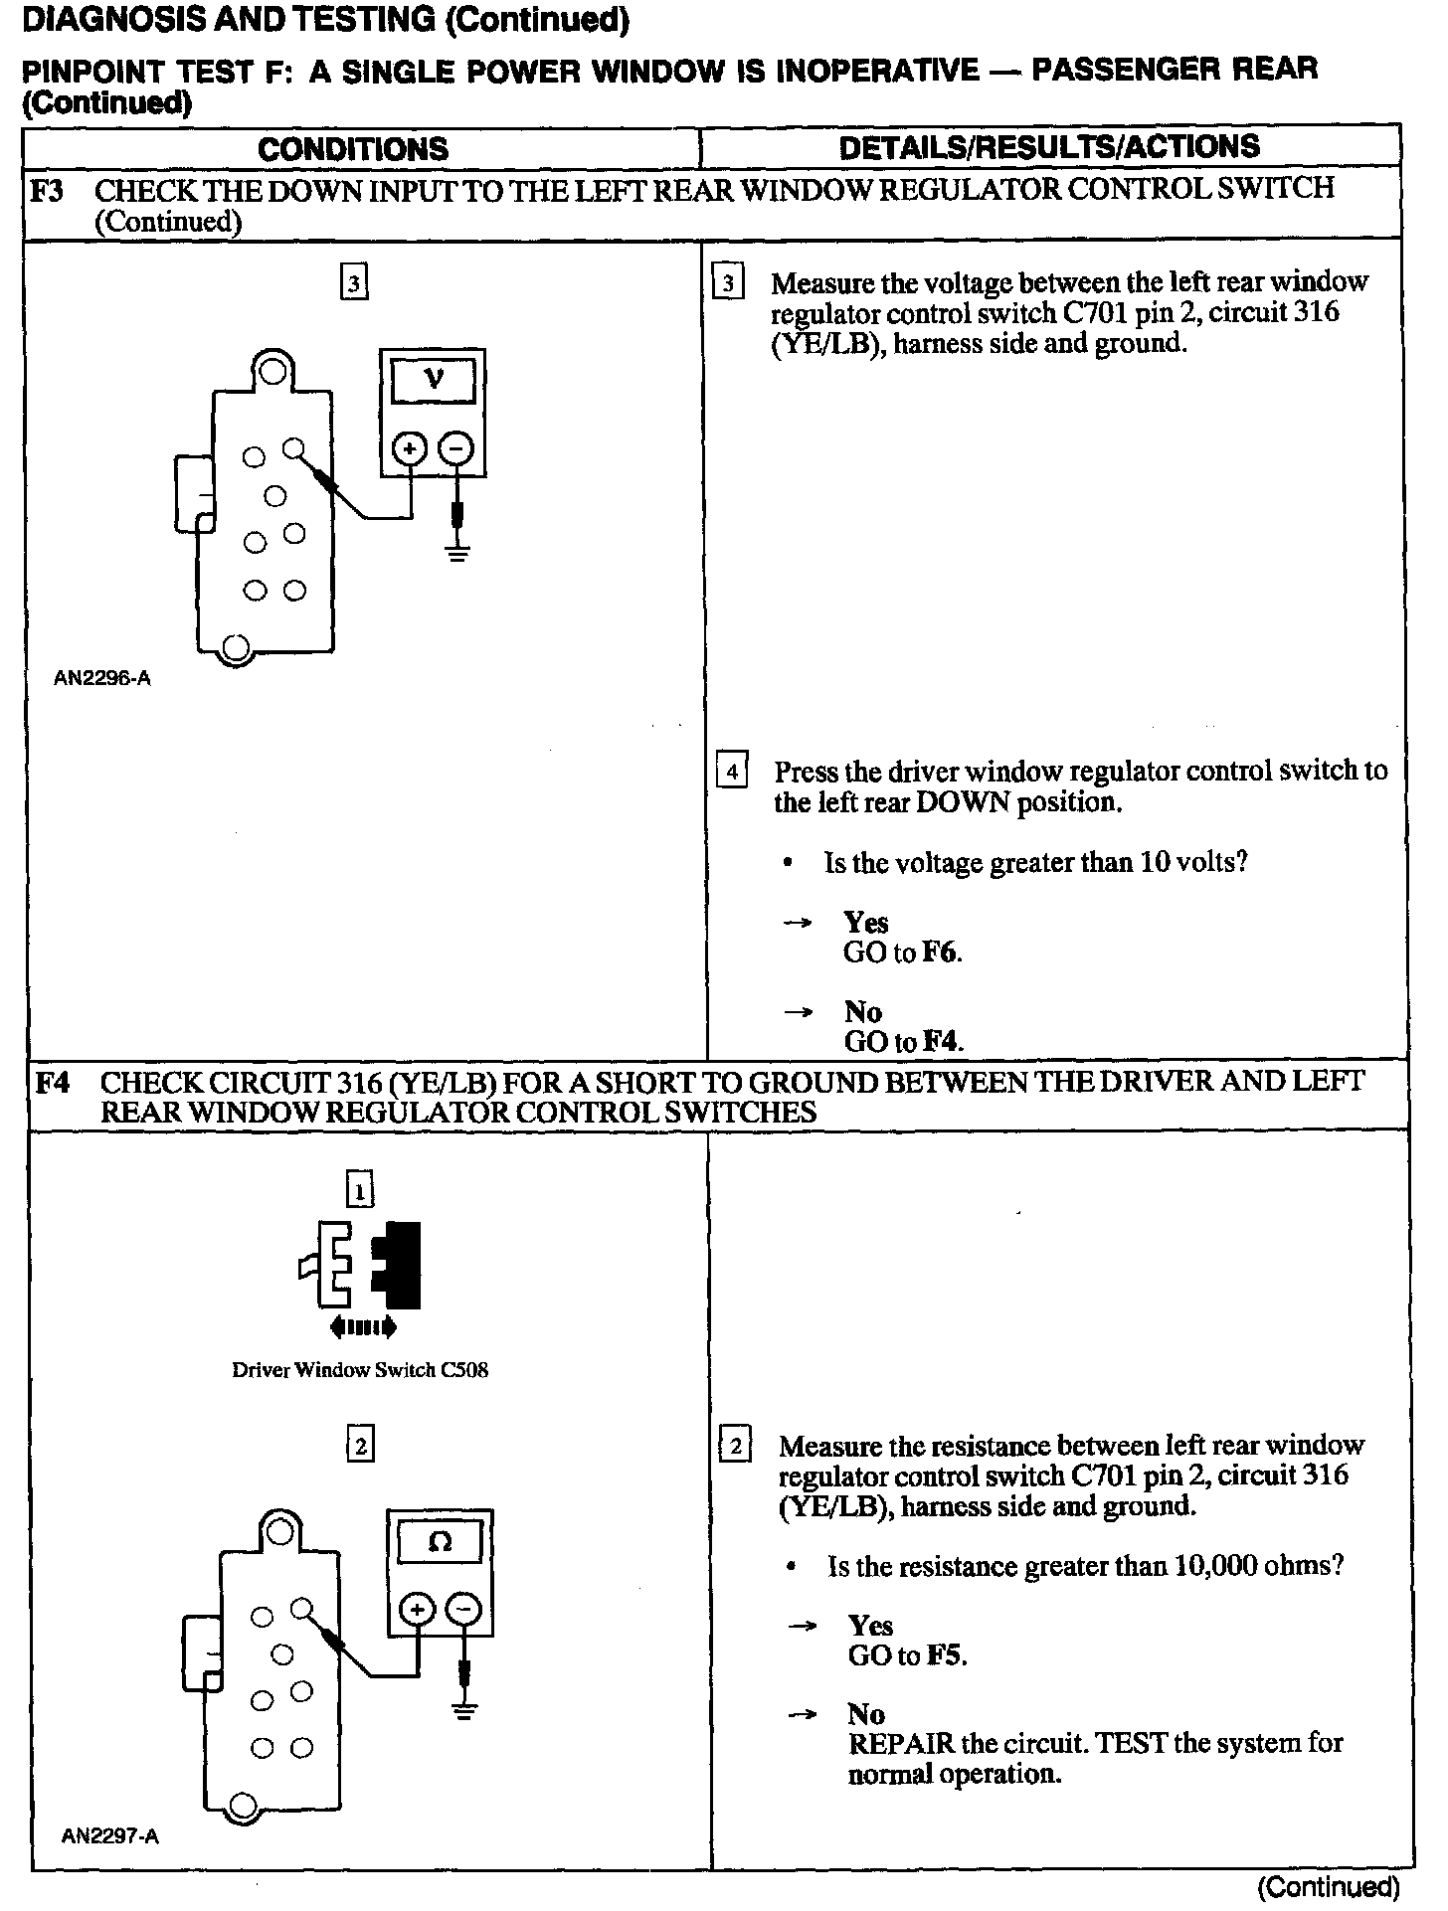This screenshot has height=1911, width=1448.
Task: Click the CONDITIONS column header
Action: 353,149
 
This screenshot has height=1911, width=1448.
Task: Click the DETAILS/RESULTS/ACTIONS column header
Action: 1049,147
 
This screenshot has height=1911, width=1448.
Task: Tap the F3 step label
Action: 47,189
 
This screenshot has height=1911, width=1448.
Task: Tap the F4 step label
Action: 52,1082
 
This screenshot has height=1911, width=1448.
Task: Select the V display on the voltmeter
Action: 433,379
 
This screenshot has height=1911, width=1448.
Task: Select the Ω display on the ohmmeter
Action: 439,1542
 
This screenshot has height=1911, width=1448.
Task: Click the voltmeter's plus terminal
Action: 409,449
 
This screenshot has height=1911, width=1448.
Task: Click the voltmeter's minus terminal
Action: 456,449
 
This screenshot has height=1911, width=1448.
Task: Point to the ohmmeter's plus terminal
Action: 417,1610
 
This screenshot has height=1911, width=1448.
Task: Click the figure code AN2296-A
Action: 101,679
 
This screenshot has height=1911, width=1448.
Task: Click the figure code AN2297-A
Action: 109,1836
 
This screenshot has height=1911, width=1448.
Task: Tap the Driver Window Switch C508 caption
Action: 360,1370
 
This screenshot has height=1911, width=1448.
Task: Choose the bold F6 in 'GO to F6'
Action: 940,953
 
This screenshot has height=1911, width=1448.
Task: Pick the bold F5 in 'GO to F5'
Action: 945,1655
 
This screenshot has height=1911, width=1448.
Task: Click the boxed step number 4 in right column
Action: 732,772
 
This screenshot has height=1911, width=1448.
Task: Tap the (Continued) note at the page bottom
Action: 1328,1886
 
